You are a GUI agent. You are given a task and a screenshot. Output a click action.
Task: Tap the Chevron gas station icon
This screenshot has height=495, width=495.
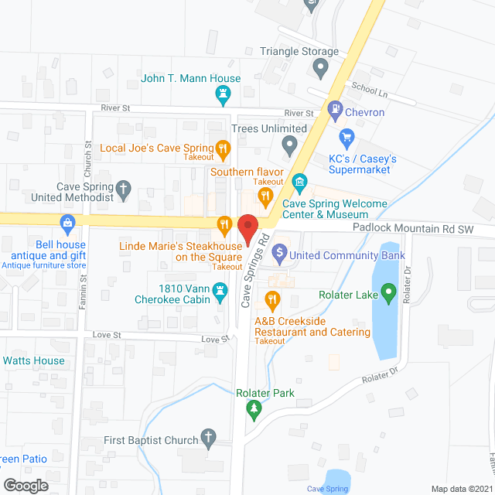click(x=335, y=111)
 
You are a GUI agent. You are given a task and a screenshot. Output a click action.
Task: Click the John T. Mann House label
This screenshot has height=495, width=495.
click(x=191, y=78)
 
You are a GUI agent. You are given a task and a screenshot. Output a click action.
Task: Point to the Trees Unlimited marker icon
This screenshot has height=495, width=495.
click(x=289, y=145)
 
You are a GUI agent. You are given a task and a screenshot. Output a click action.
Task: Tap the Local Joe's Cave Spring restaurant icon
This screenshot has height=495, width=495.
click(x=223, y=148)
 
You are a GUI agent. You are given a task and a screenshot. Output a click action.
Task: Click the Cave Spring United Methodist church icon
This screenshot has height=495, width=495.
click(x=122, y=188)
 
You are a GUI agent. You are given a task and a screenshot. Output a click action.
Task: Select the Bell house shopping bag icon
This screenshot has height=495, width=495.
click(x=68, y=226)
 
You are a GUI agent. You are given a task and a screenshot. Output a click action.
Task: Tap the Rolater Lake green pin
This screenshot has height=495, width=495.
click(x=388, y=294)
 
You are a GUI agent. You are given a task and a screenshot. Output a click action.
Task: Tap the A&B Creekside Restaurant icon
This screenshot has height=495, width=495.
click(x=272, y=299)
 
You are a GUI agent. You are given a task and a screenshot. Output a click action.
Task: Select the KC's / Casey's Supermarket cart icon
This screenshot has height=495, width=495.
click(x=347, y=141)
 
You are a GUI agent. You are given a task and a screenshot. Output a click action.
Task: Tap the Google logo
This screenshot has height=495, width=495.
click(x=25, y=486)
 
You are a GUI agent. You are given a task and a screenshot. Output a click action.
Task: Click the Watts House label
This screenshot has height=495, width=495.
click(x=33, y=360)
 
